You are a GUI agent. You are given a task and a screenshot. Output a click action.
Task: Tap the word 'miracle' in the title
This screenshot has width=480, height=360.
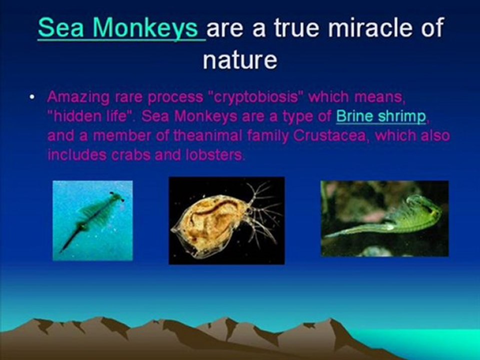click(x=367, y=27)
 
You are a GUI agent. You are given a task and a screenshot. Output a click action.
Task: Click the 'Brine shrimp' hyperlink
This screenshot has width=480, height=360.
click(x=381, y=116)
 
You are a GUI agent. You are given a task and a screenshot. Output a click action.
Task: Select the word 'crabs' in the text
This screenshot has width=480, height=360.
click(x=131, y=155)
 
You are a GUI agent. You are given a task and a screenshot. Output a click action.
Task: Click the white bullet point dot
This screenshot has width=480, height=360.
click(x=32, y=97)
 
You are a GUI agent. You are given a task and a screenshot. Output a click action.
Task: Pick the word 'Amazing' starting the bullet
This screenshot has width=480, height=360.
click(x=78, y=97)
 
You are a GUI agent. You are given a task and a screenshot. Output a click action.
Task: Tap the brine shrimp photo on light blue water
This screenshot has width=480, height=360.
click(x=93, y=220)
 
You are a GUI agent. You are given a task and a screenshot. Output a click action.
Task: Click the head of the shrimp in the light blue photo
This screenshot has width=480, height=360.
click(x=117, y=197)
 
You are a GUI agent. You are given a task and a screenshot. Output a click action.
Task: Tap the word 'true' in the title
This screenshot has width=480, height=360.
click(x=296, y=27)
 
